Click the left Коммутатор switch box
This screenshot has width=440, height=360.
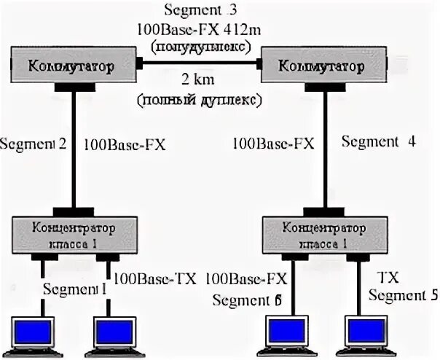tap(73, 66)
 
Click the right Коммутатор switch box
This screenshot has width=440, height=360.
tap(321, 66)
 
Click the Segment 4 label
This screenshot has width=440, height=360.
tap(378, 142)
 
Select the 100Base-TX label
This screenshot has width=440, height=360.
tap(155, 278)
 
